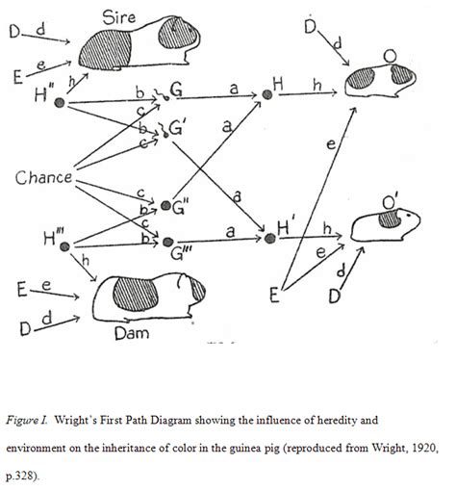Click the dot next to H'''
(63, 246)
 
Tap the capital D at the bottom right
(335, 295)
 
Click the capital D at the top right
(311, 26)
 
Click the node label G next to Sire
(177, 91)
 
